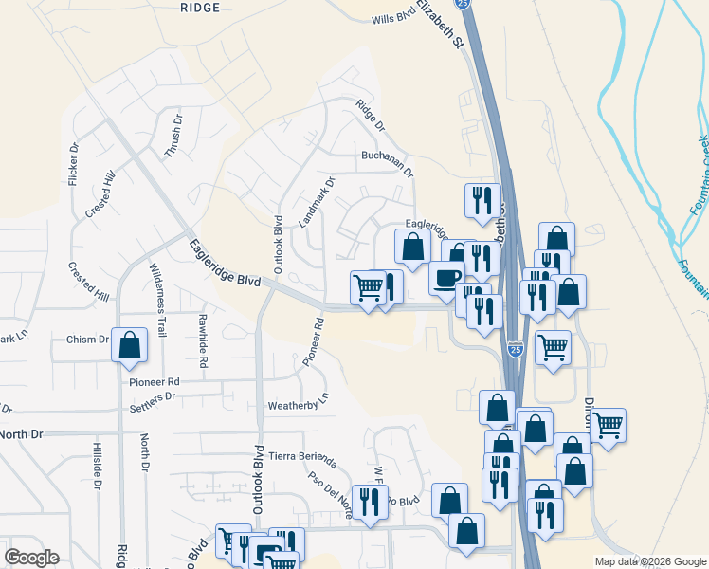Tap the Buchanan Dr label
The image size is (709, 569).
tap(387, 162)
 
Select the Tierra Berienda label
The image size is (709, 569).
tap(303, 457)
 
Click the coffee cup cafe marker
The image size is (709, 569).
tap(446, 277)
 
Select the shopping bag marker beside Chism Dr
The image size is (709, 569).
tap(129, 345)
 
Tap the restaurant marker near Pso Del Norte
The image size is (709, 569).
tap(369, 501)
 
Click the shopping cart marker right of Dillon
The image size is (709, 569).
tap(608, 423)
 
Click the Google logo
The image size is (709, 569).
tap(32, 558)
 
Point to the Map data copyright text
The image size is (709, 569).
tap(650, 561)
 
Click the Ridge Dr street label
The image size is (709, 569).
tap(371, 116)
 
